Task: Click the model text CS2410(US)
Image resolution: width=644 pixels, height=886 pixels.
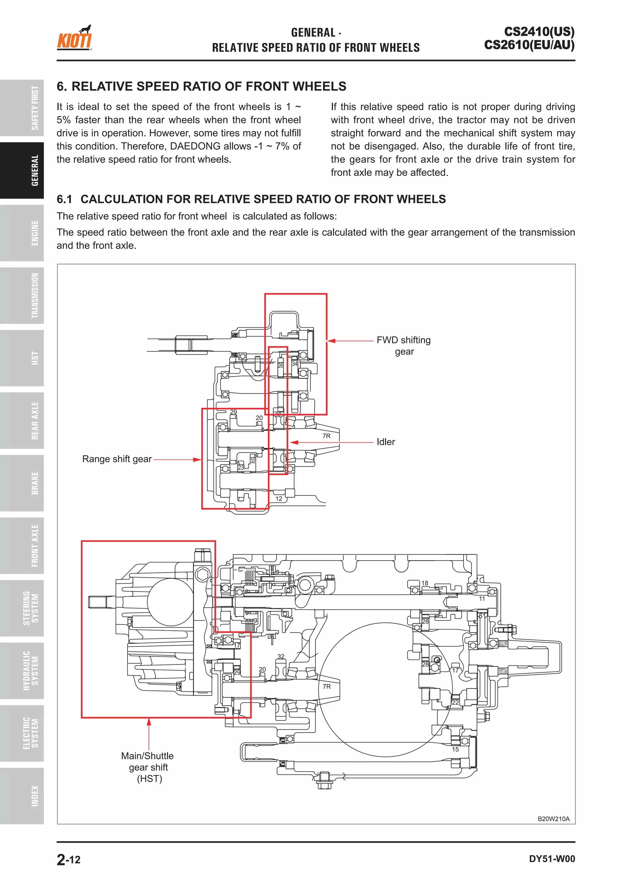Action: click(539, 32)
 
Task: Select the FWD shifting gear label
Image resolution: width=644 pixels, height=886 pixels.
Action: click(403, 346)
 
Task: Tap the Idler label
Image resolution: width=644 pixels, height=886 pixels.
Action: click(386, 442)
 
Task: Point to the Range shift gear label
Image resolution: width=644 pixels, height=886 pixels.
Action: click(117, 459)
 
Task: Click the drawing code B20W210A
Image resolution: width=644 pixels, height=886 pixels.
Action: click(553, 819)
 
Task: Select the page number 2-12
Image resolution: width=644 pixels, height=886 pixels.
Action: click(69, 860)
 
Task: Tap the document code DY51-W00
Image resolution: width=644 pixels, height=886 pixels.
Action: click(552, 859)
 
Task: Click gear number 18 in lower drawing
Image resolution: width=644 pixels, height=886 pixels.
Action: click(425, 583)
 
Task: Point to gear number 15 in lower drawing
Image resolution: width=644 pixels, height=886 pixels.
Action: click(455, 749)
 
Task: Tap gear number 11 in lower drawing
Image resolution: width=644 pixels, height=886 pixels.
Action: click(482, 599)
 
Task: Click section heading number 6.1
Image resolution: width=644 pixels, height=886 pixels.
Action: click(64, 199)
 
